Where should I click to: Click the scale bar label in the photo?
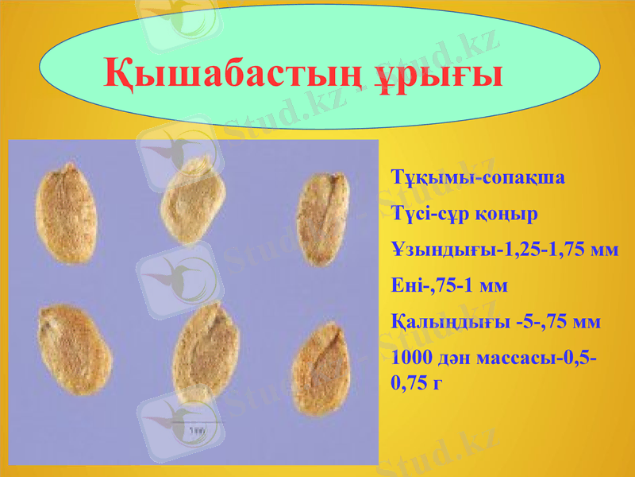pos(196,430)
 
